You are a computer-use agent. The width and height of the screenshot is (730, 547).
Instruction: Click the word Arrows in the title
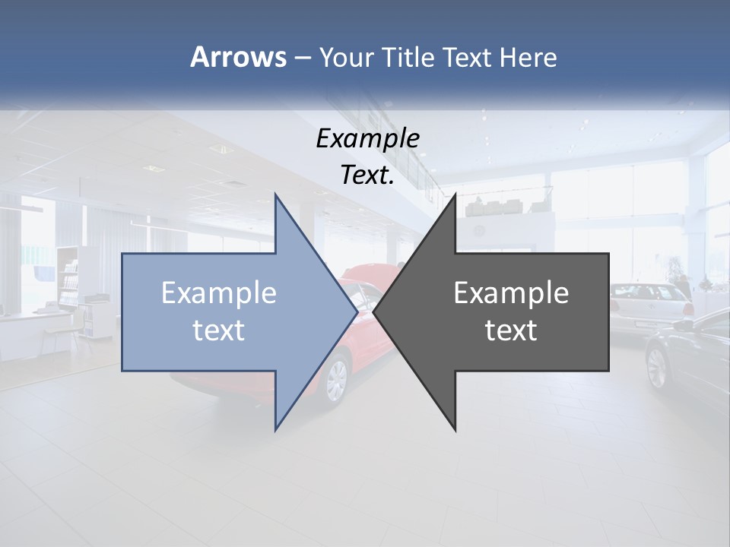tap(239, 58)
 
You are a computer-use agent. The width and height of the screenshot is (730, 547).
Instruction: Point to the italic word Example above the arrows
tap(367, 138)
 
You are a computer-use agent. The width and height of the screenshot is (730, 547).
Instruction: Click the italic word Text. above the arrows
tap(367, 175)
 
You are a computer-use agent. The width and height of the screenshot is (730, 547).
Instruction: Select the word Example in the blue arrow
tap(218, 293)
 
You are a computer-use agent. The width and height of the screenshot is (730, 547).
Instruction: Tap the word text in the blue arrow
tap(218, 330)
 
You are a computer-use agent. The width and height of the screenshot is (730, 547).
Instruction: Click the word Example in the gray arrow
tap(511, 293)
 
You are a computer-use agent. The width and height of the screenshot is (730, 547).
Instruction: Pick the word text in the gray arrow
tap(511, 330)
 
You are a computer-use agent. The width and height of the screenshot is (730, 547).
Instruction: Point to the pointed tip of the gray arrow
tap(374, 311)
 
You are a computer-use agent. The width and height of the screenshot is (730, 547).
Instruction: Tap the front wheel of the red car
tap(336, 380)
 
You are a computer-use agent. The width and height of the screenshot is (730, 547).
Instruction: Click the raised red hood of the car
tap(368, 273)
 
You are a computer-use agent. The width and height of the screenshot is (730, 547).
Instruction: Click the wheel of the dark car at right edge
tap(657, 368)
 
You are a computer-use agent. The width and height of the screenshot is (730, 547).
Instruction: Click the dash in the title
tap(302, 58)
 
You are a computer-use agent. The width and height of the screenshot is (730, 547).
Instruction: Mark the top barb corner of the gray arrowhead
tap(455, 195)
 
